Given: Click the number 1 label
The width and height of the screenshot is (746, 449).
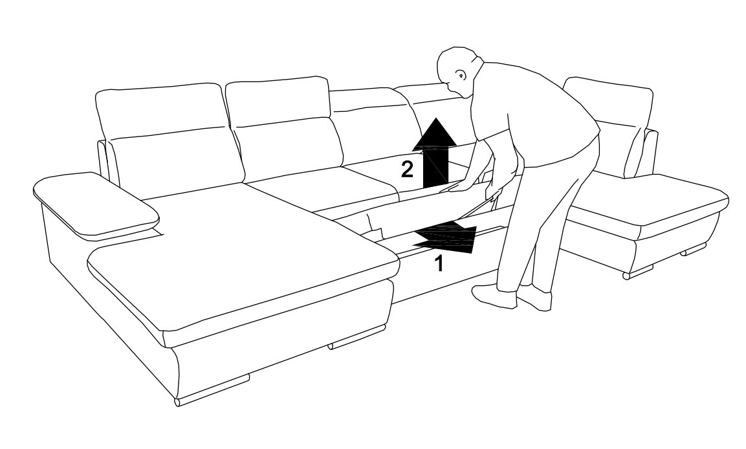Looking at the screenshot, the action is [439, 263].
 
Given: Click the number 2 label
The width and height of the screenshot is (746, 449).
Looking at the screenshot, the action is [407, 170].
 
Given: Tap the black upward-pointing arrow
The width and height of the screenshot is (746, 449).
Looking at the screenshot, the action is [434, 152].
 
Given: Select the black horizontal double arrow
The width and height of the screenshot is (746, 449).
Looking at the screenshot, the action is [445, 236].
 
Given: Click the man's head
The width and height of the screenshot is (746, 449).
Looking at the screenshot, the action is [457, 70].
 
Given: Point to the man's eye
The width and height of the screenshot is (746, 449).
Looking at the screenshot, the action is [461, 74].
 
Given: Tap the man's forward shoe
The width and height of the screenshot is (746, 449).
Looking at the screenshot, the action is [494, 296].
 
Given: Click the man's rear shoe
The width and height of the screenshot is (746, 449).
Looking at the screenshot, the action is [535, 296].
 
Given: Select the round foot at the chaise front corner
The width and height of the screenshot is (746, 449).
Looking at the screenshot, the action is [178, 402].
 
